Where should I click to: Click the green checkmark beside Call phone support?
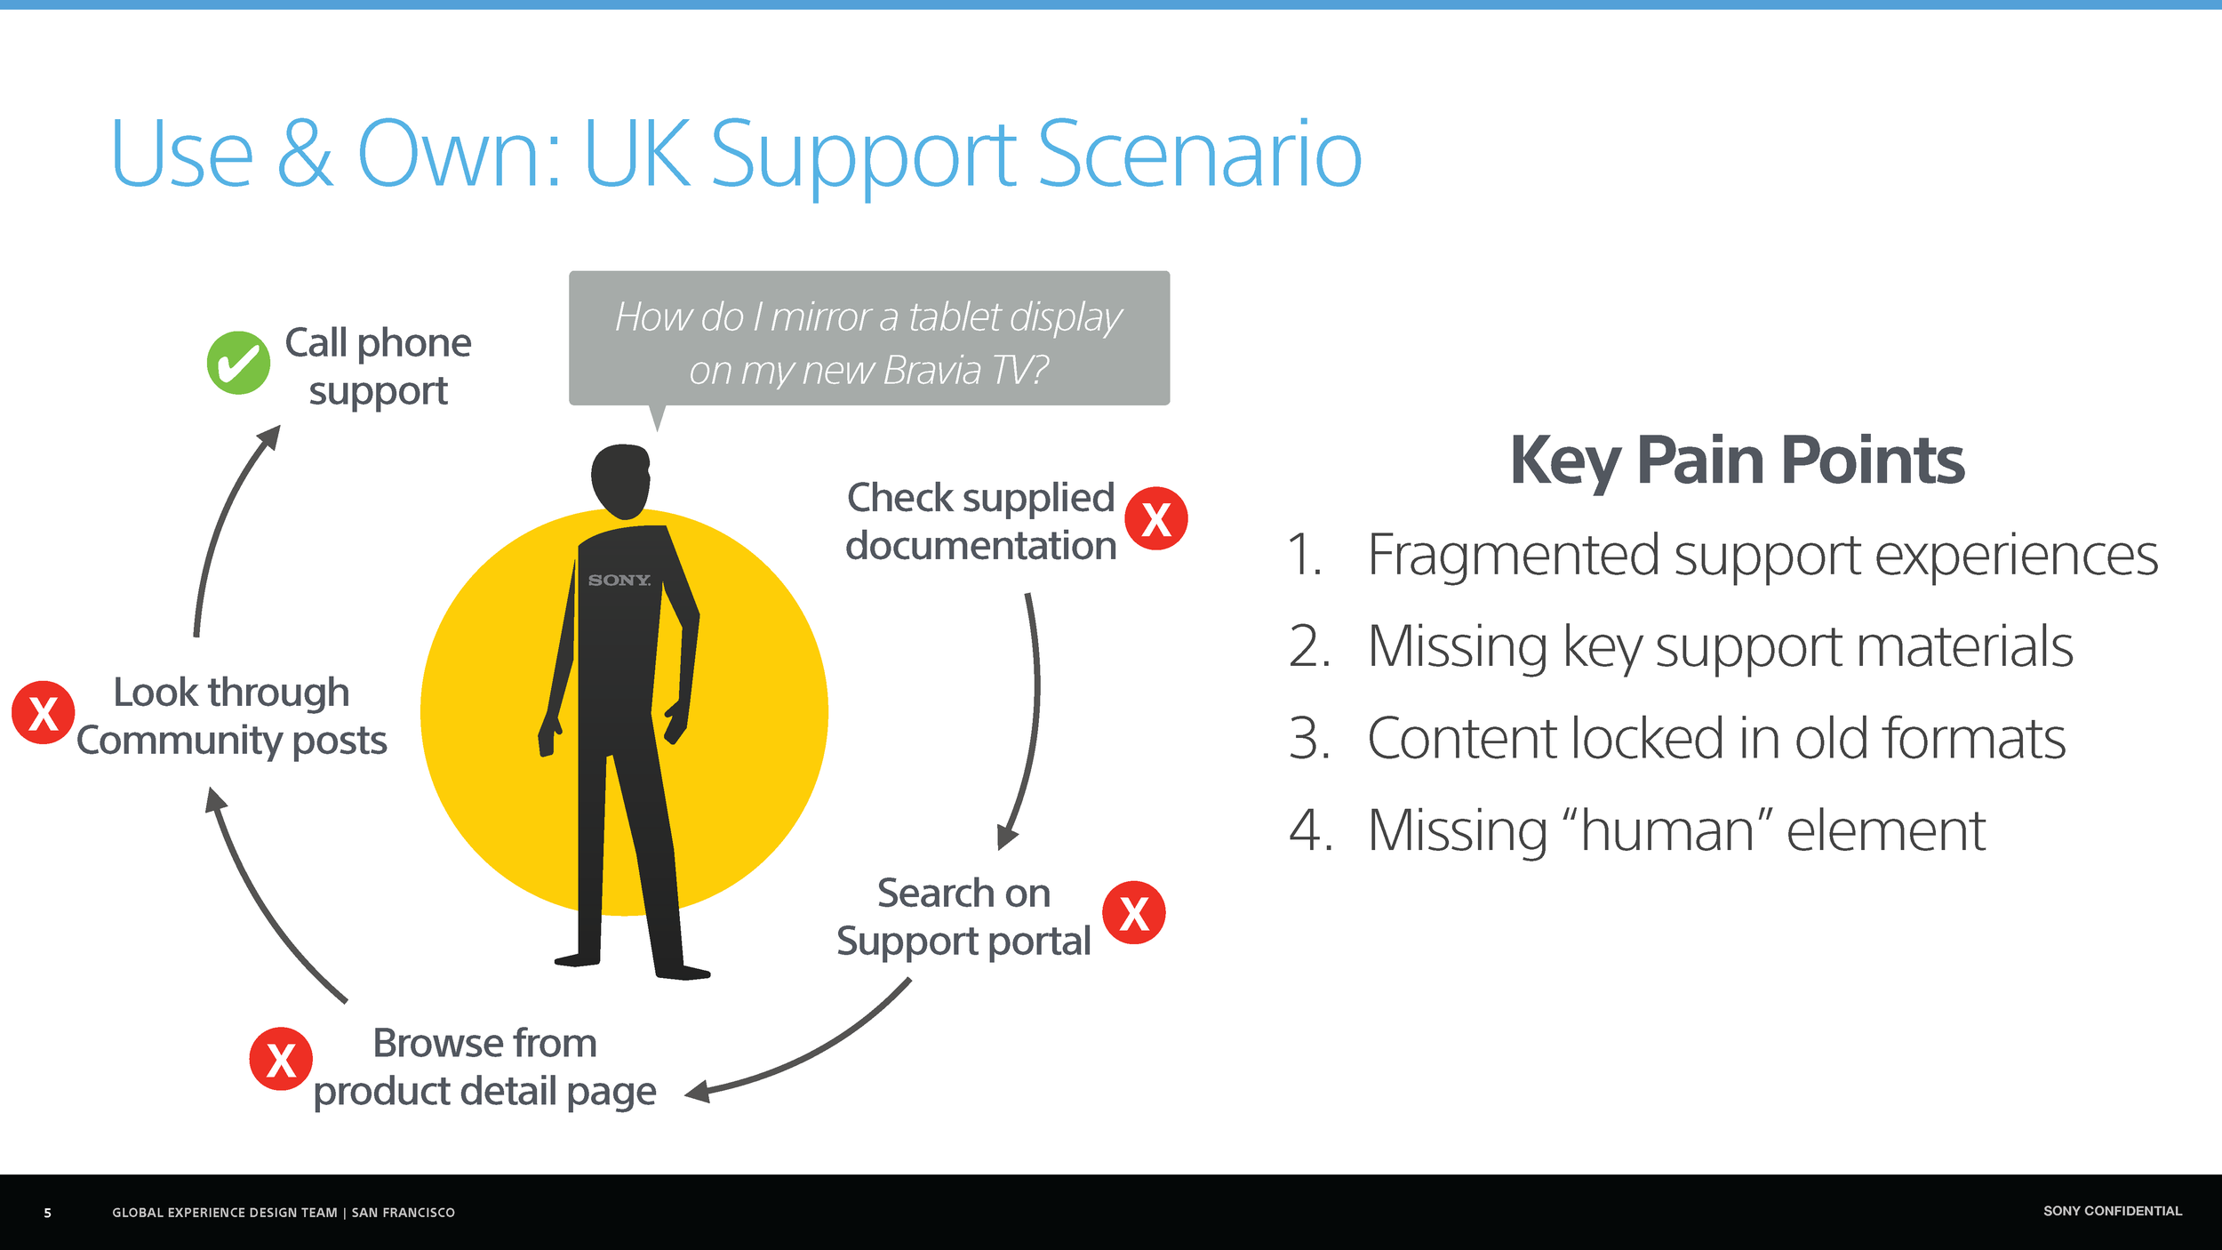tap(238, 363)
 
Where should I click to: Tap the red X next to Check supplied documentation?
tap(1155, 519)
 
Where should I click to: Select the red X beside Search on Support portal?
tap(1133, 913)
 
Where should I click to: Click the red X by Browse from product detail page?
tap(281, 1059)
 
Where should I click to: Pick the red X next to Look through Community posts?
tap(43, 712)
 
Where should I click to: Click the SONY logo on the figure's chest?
tap(619, 581)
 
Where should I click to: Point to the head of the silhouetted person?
tap(621, 480)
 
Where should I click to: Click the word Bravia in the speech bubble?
tap(932, 371)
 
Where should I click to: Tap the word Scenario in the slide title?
tap(1199, 155)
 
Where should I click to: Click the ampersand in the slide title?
tap(305, 155)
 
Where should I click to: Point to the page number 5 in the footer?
tap(48, 1213)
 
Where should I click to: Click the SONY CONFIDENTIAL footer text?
tap(2112, 1211)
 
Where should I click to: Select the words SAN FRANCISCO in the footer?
tap(403, 1213)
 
